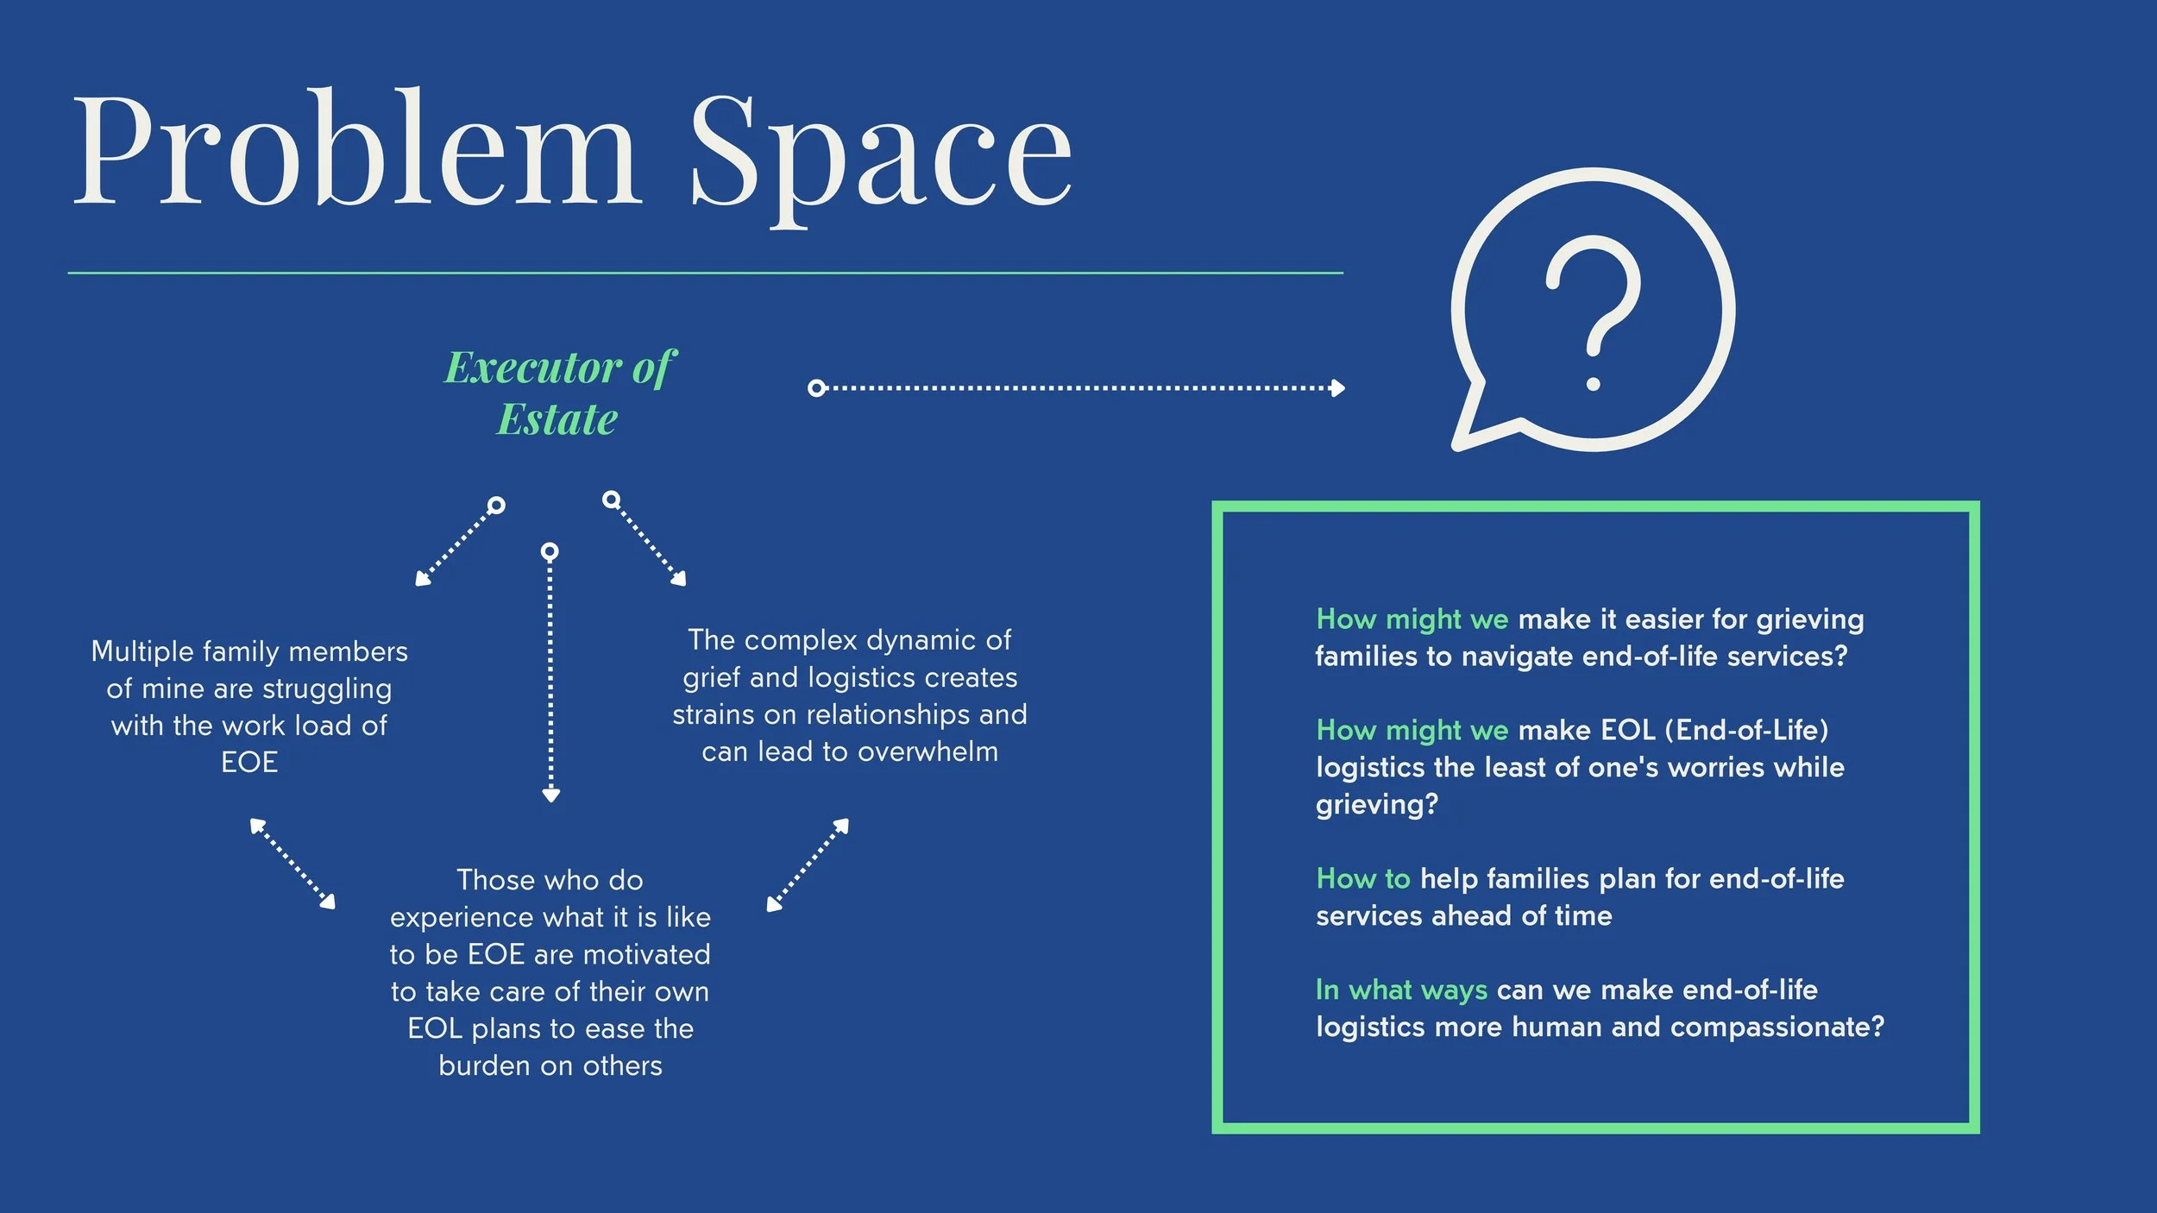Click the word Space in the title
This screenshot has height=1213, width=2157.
(880, 155)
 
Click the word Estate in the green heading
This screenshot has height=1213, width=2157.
(557, 420)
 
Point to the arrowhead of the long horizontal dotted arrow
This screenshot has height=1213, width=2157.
(1337, 388)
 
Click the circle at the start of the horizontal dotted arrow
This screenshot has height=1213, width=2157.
(816, 388)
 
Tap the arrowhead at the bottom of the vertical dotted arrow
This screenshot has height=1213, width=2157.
(550, 795)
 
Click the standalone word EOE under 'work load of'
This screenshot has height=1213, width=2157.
(249, 763)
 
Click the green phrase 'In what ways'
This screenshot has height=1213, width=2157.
(1401, 990)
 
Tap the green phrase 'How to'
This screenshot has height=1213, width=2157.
(1362, 878)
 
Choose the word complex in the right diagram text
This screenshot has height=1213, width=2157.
(800, 640)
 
